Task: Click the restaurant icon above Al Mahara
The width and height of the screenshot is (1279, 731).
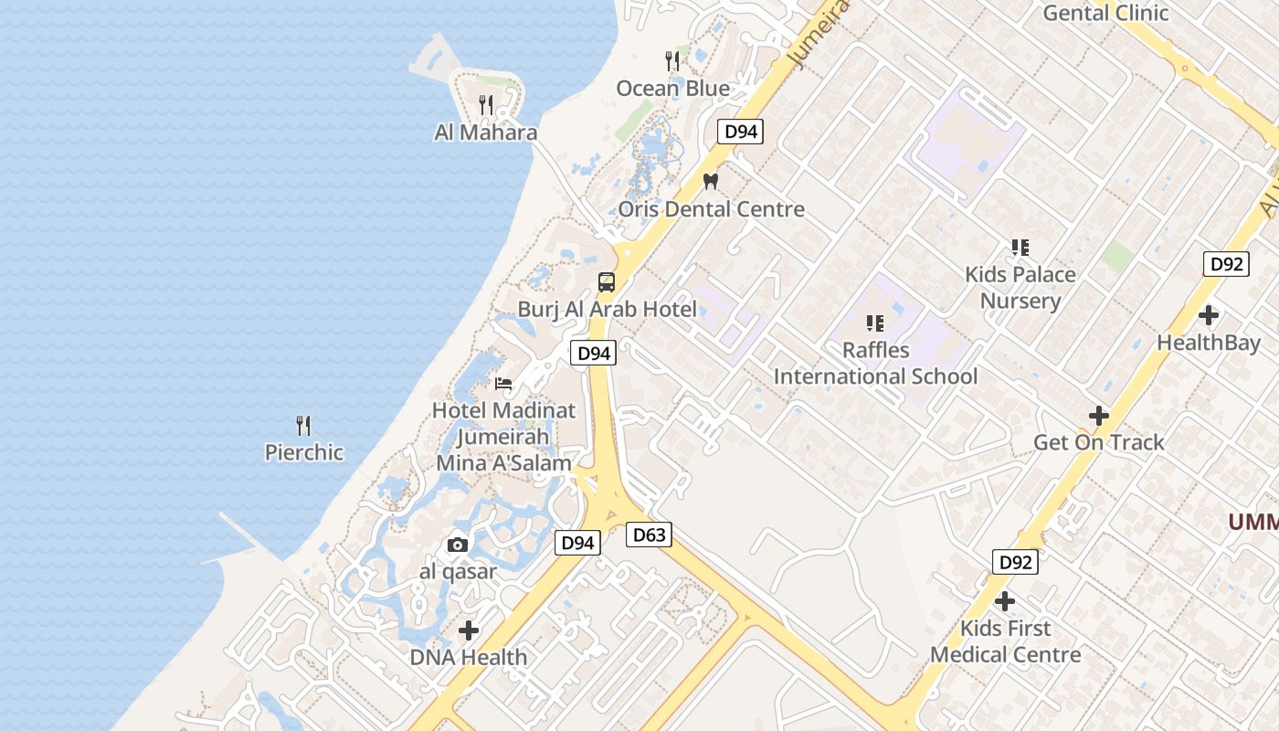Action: tap(486, 105)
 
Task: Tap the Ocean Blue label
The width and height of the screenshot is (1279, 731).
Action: tap(673, 89)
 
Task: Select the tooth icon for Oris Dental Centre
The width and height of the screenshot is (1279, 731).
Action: tap(711, 181)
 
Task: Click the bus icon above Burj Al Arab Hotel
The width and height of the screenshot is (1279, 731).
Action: tap(607, 281)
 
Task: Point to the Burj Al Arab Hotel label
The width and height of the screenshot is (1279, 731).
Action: tap(607, 309)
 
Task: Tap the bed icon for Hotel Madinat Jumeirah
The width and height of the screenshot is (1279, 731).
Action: tap(503, 383)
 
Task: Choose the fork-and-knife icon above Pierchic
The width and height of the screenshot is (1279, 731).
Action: tap(303, 425)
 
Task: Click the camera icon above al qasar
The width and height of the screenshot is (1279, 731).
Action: tap(458, 546)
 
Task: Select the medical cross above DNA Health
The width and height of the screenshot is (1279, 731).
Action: tap(469, 630)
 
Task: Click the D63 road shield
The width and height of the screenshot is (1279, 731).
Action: tap(649, 535)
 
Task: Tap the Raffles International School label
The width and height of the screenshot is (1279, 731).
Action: tap(875, 364)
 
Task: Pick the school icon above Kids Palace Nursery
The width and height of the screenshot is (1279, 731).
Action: tap(1020, 248)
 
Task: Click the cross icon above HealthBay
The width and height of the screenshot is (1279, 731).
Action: tap(1209, 316)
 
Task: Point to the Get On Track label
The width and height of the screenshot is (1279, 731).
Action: tap(1098, 442)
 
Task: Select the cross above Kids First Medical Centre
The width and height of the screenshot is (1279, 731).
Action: tap(1005, 601)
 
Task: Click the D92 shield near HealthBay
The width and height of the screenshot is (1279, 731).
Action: tap(1225, 264)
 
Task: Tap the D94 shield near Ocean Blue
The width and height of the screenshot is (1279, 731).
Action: tap(740, 132)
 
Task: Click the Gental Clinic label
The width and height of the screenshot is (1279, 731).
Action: tap(1105, 13)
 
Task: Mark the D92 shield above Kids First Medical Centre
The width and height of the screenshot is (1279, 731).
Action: tap(1015, 562)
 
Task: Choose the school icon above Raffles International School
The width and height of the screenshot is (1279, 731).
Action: tap(875, 323)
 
